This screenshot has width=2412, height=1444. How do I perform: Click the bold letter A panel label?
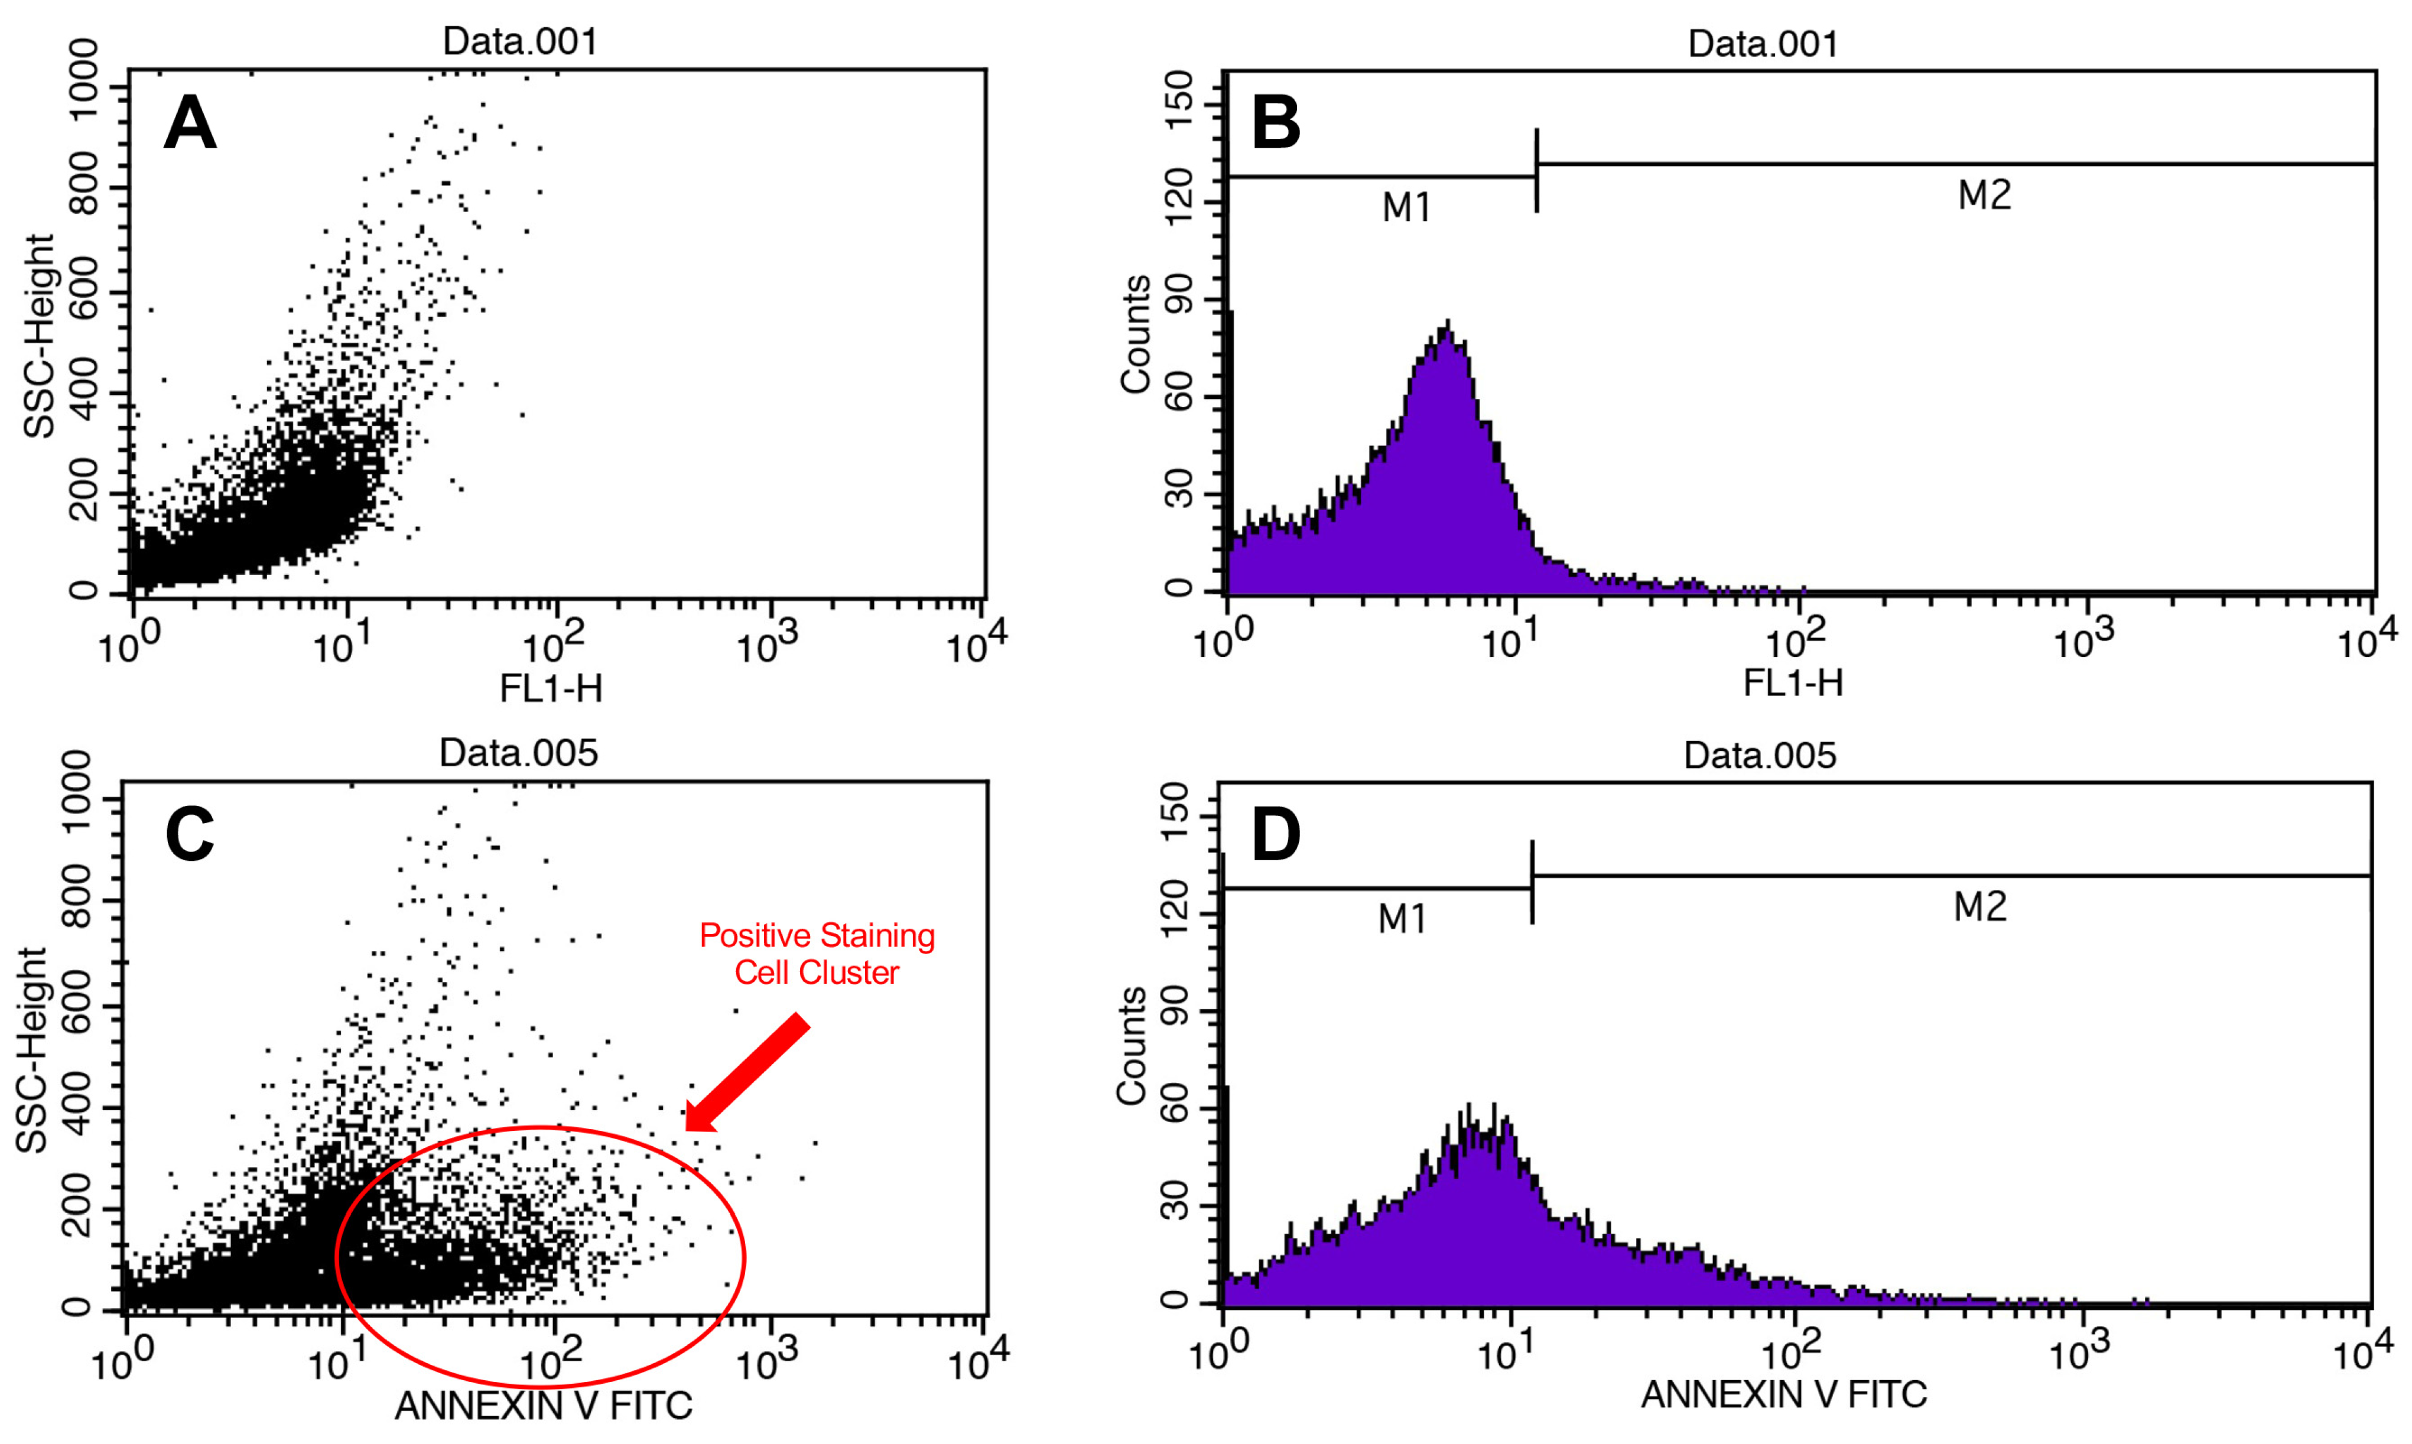pyautogui.click(x=190, y=123)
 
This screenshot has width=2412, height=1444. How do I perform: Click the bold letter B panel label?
pyautogui.click(x=1276, y=123)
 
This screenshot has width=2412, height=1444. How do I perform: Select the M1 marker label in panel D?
pyautogui.click(x=1402, y=919)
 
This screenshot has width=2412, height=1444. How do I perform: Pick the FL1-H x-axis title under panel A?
pyautogui.click(x=551, y=688)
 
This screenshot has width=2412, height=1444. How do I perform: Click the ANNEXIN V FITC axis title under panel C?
pyautogui.click(x=543, y=1404)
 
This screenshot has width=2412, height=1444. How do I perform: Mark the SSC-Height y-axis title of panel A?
pyautogui.click(x=39, y=336)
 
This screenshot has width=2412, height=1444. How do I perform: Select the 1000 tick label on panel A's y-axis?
pyautogui.click(x=84, y=78)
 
